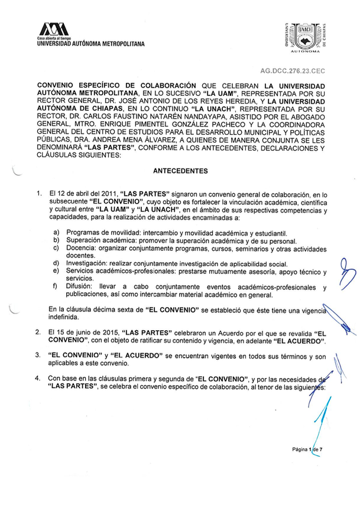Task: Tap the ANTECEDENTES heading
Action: click(x=180, y=171)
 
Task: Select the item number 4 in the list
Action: click(x=38, y=377)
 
